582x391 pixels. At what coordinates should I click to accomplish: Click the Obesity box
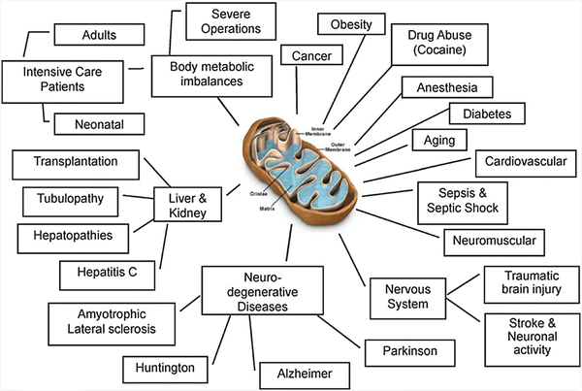click(351, 22)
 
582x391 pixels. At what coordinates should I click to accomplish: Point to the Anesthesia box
click(447, 88)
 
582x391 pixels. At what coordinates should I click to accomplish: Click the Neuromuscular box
click(494, 238)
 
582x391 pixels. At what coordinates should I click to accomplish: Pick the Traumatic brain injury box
click(524, 284)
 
